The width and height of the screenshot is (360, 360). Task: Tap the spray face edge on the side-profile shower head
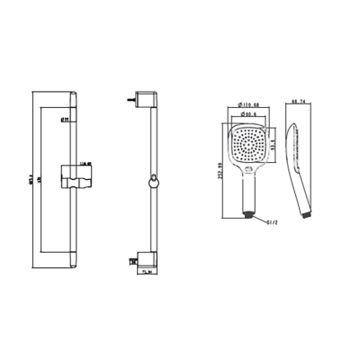click(286, 153)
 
